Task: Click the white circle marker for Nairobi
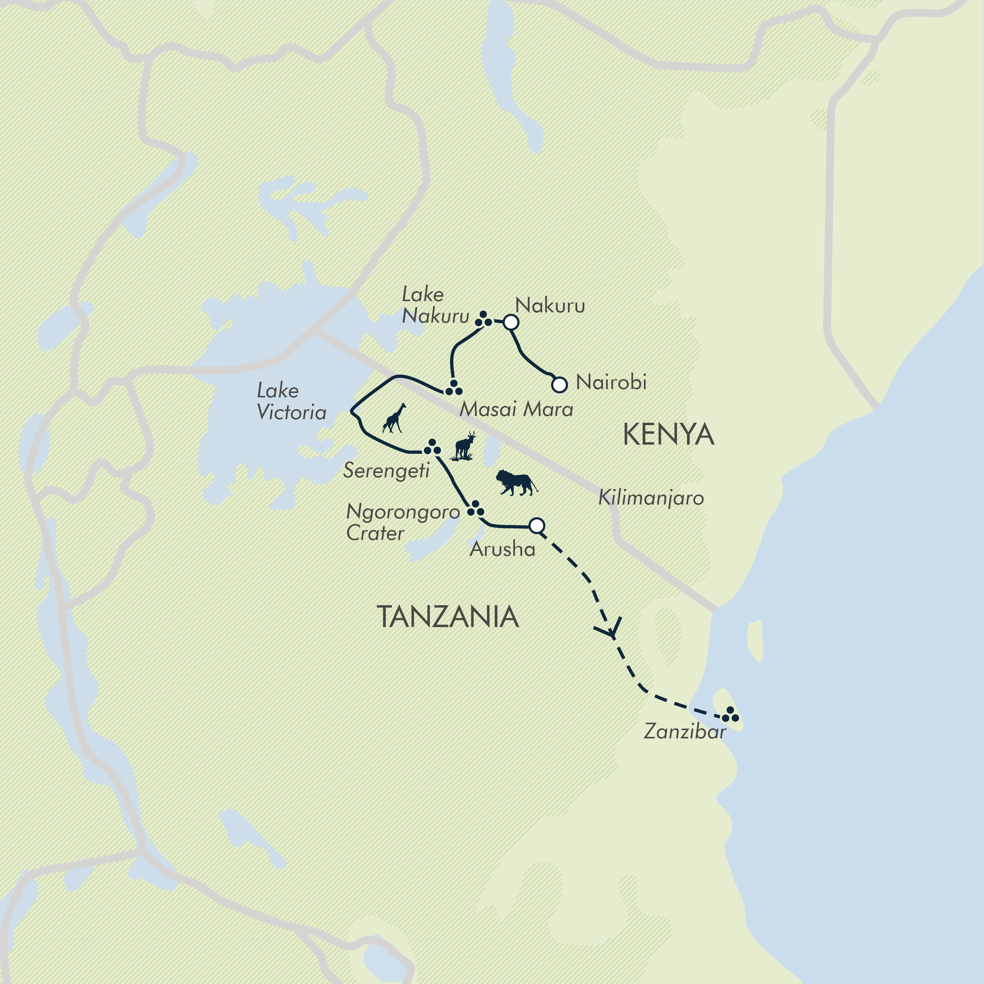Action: click(559, 384)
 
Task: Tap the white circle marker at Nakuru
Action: click(511, 322)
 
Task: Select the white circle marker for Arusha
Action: click(537, 526)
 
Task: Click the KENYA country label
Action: click(668, 435)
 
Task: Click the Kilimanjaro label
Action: click(651, 497)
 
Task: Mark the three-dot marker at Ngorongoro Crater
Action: click(475, 508)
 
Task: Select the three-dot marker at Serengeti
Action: click(433, 447)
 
